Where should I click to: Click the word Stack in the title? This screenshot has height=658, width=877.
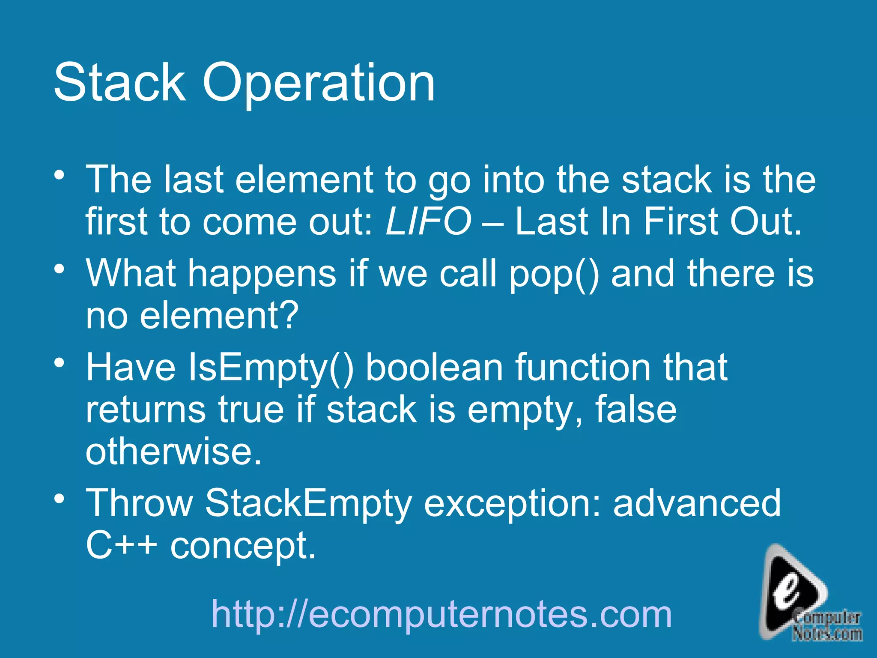click(120, 82)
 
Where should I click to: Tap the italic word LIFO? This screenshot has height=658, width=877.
click(428, 222)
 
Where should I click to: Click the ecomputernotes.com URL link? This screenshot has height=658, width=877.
click(441, 614)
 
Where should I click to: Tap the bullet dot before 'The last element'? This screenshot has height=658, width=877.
click(60, 176)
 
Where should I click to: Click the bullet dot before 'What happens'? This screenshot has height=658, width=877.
click(60, 269)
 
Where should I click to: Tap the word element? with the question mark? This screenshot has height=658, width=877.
click(219, 316)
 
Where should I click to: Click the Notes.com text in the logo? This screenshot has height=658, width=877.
click(827, 634)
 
